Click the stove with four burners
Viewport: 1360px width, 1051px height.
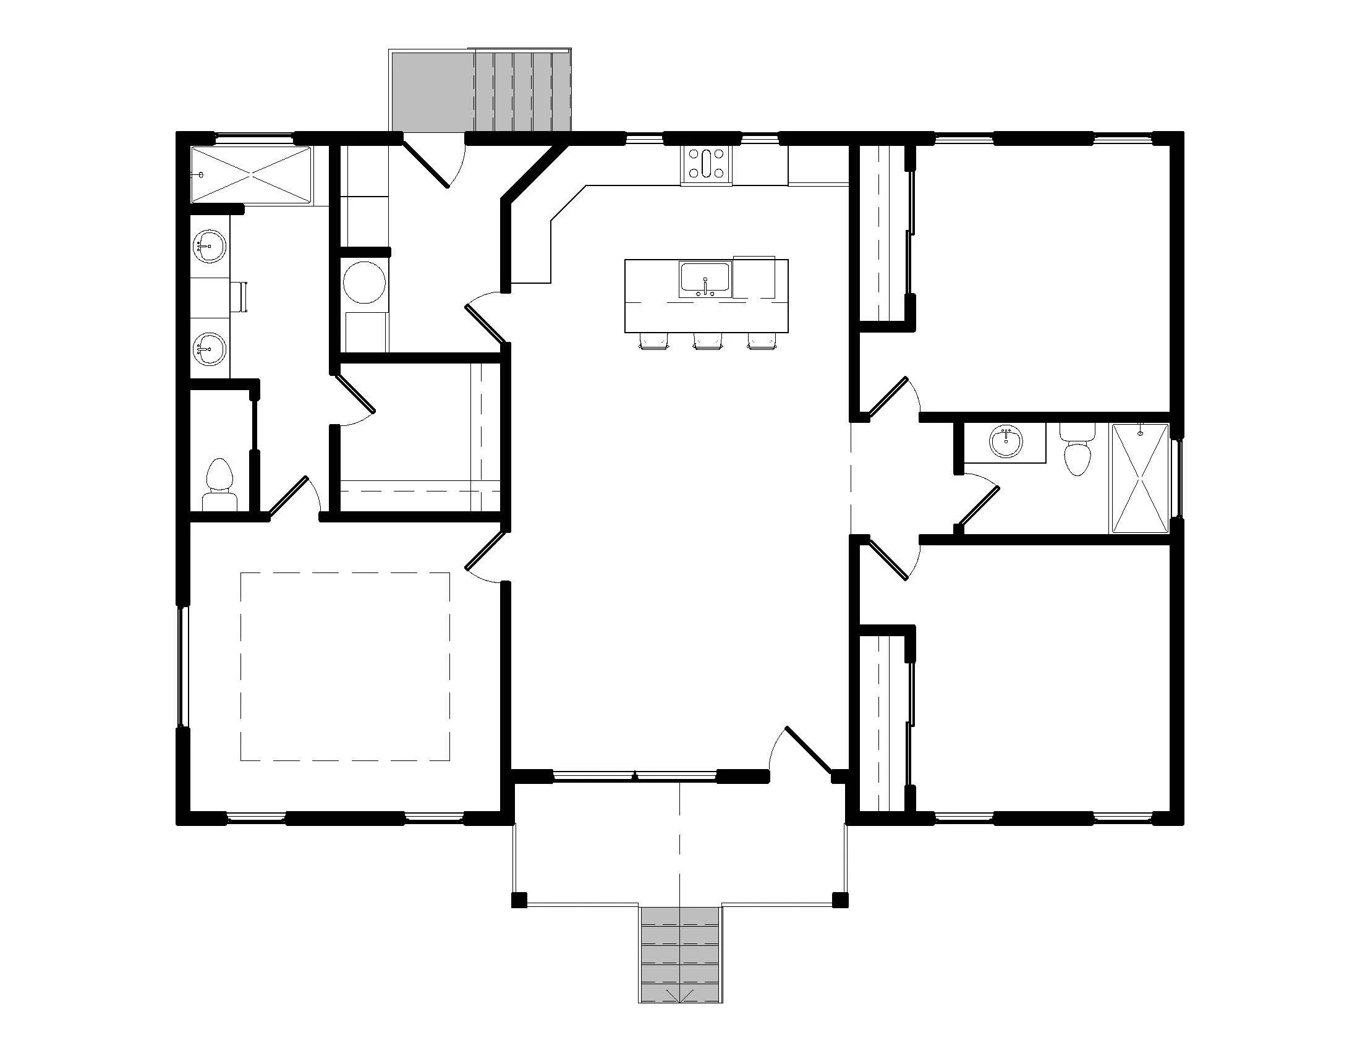pyautogui.click(x=706, y=164)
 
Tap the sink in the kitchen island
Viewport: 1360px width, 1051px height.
pyautogui.click(x=705, y=278)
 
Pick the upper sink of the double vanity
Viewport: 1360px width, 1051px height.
pyautogui.click(x=208, y=247)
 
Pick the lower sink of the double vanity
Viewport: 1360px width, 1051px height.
pyautogui.click(x=208, y=349)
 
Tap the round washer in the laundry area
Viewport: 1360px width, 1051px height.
pyautogui.click(x=364, y=282)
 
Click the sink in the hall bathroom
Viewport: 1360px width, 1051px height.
pyautogui.click(x=1005, y=443)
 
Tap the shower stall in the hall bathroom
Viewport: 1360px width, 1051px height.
pyautogui.click(x=1140, y=478)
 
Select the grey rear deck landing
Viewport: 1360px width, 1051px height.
pyautogui.click(x=431, y=91)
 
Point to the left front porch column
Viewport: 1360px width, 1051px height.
pyautogui.click(x=519, y=900)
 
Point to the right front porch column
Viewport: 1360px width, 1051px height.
pyautogui.click(x=840, y=900)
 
